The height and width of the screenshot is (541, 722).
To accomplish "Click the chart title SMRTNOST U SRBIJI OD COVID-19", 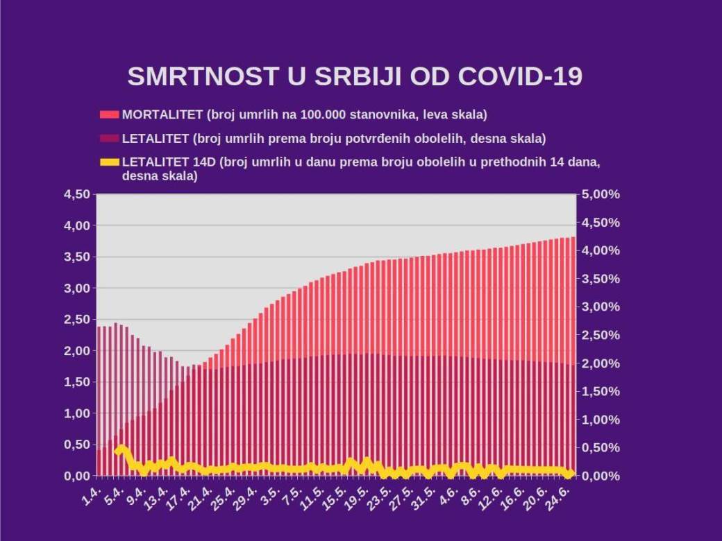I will pos(354,77).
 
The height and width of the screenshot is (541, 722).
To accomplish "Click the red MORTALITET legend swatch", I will pos(110,114).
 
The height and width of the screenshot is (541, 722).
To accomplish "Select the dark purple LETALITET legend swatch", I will pos(110,139).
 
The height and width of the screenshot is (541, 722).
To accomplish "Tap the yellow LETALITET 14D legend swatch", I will pos(110,163).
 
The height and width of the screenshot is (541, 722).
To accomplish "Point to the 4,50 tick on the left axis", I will pos(76,195).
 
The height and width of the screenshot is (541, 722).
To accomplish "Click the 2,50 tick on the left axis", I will pos(76,320).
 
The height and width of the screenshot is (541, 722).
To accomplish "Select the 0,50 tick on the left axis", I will pos(76,445).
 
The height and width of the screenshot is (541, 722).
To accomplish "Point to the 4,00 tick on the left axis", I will pos(76,226).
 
